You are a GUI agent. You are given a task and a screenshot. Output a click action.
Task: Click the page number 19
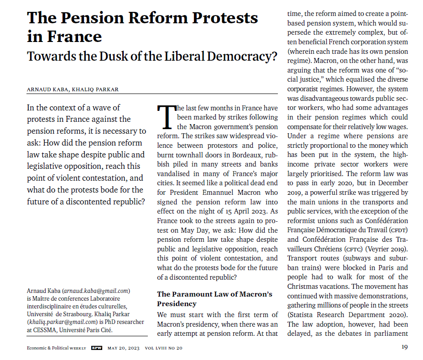(x=404, y=348)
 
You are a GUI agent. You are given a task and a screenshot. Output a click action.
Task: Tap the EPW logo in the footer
(x=96, y=348)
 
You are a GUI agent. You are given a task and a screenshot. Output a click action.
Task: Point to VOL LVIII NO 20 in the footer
(x=164, y=348)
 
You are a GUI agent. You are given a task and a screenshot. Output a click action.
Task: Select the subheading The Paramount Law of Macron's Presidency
(x=214, y=299)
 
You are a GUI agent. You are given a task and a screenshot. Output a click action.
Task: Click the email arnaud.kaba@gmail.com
(x=97, y=291)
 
